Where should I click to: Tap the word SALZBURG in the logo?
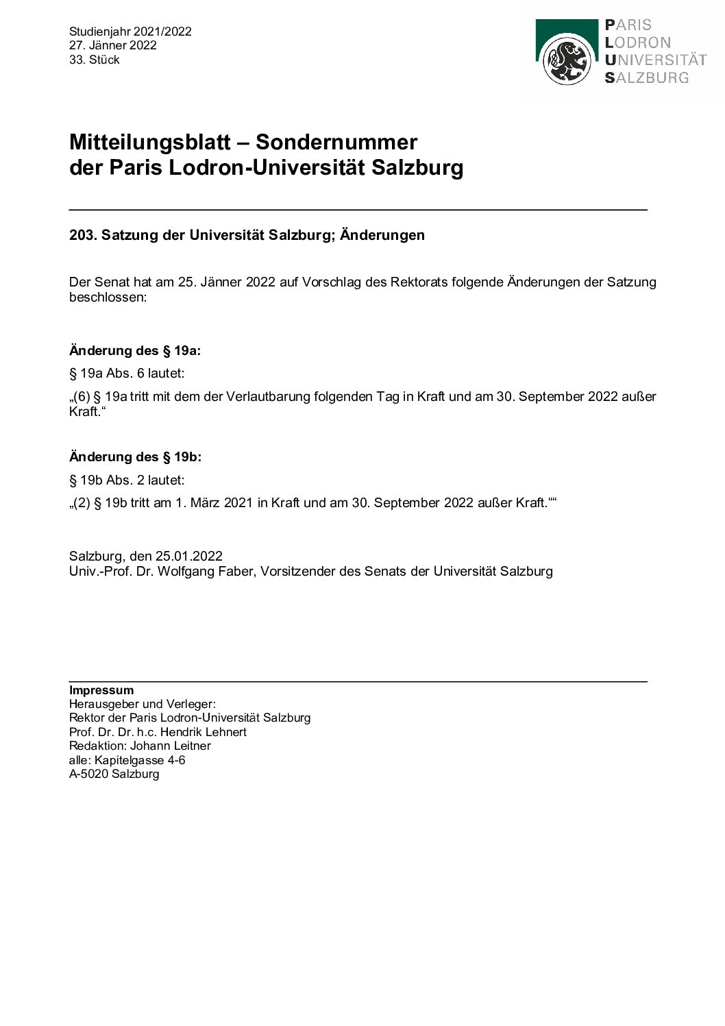point(647,78)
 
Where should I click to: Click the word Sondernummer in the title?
point(336,143)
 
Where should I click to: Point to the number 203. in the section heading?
point(84,235)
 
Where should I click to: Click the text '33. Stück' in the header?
point(95,60)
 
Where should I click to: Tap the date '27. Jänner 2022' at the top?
point(113,45)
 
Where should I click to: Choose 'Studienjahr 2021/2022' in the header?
point(130,32)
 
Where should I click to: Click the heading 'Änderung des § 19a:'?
point(135,351)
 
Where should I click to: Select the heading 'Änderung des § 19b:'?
point(135,457)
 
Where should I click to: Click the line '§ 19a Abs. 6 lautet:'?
point(127,374)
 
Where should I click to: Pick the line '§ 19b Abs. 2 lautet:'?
point(127,480)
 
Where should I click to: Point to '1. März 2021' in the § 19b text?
point(214,502)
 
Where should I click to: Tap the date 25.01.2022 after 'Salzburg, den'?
point(188,557)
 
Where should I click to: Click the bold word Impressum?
point(101,690)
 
